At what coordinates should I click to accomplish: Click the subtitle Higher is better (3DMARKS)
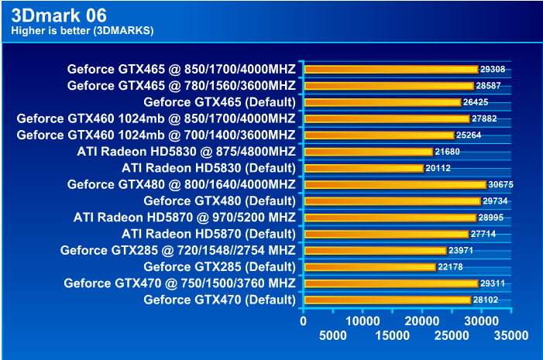tap(82, 31)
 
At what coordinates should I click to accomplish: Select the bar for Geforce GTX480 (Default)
tap(392, 201)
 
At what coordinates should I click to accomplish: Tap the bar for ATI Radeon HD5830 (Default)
tap(363, 168)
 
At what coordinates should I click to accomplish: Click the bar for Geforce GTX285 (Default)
tap(369, 266)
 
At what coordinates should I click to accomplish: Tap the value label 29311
tap(493, 283)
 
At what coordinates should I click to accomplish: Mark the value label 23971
tap(461, 250)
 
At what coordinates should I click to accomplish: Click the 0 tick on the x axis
tap(304, 320)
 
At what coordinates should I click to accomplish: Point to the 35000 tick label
tap(511, 335)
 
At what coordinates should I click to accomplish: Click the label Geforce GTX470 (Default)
tap(219, 300)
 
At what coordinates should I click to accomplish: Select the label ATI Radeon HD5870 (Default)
tap(208, 234)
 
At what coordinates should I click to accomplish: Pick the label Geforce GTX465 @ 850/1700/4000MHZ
tap(181, 69)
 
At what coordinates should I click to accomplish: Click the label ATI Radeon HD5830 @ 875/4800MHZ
tap(186, 151)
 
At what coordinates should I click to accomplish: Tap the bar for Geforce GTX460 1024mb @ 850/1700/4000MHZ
tap(387, 118)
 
